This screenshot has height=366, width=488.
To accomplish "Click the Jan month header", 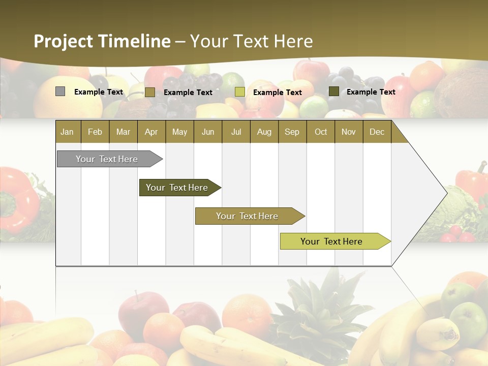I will pos(67,132).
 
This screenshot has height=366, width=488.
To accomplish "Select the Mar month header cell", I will pos(123,132).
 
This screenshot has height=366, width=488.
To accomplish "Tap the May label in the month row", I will pos(179,132).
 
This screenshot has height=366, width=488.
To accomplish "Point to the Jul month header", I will pos(236,132).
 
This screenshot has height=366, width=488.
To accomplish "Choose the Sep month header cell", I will pos(292,132).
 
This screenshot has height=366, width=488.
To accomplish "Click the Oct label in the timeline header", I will pos(321,132).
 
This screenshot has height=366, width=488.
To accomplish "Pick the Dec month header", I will pos(377,132).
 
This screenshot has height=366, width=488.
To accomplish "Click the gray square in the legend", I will pos(60,91).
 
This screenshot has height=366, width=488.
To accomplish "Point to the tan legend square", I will pos(149,92).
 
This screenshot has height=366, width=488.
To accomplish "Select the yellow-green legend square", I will pos(239,92).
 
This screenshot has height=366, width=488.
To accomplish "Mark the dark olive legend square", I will pos(333,91).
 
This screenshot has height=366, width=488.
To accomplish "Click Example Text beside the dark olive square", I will pos(371,92).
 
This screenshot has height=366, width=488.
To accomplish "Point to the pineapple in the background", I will pos(315,305).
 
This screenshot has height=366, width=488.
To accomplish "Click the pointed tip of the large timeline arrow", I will pos(446,193).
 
